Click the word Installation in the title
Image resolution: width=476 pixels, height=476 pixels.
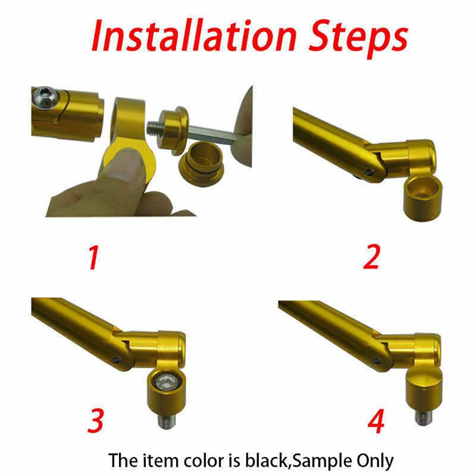pyautogui.click(x=194, y=36)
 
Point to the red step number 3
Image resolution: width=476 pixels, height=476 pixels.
pyautogui.click(x=96, y=420)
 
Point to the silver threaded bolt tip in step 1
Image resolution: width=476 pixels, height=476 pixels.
pyautogui.click(x=153, y=126)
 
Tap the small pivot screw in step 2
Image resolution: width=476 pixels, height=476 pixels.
pyautogui.click(x=368, y=173)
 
